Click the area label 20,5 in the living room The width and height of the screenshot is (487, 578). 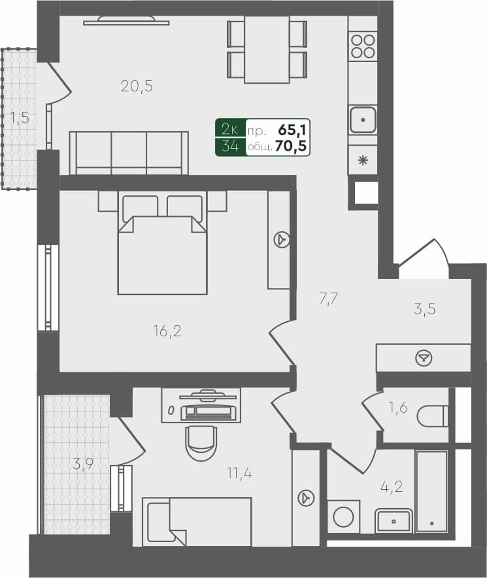tap(137, 86)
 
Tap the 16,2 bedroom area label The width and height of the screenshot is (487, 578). tap(168, 331)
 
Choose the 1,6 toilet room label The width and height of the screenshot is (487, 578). tap(398, 409)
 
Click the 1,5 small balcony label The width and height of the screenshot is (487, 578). tap(18, 118)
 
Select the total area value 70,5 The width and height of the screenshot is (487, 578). tap(292, 147)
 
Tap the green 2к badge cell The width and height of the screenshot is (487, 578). tap(230, 129)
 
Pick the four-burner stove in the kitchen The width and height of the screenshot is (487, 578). tap(363, 46)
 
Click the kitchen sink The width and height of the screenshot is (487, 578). tap(363, 120)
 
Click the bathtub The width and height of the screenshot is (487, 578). tap(431, 492)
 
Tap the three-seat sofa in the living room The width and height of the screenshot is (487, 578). tap(129, 152)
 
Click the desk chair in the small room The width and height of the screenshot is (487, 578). tap(200, 443)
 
